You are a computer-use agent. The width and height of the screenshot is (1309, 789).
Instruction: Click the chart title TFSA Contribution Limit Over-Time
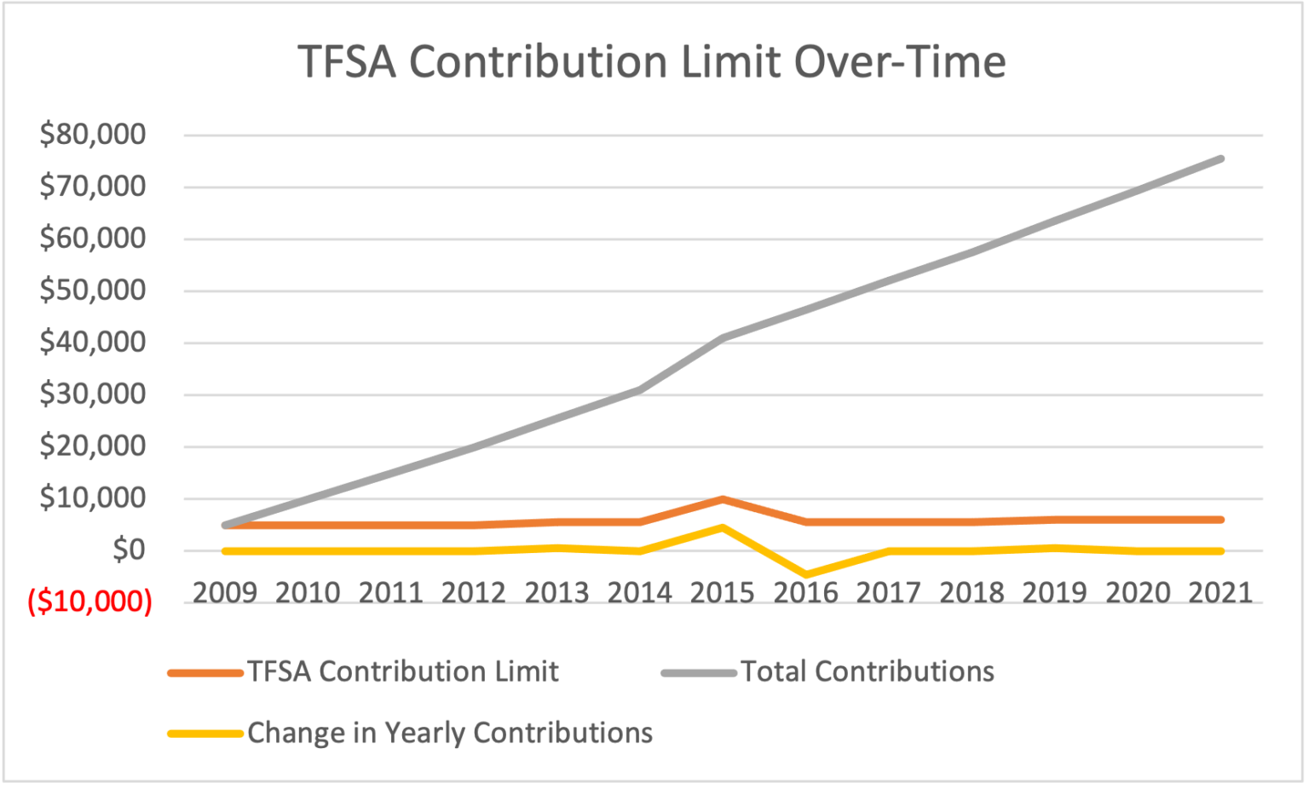[x=652, y=62]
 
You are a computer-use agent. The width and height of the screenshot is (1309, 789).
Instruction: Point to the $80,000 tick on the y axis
[x=93, y=135]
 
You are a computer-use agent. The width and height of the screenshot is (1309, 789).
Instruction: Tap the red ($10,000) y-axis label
[x=90, y=602]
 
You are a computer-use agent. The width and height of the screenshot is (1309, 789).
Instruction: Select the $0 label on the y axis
[x=129, y=550]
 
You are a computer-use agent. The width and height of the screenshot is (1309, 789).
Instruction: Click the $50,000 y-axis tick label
[x=93, y=291]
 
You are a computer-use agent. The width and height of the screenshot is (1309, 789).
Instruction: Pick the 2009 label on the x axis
[x=225, y=592]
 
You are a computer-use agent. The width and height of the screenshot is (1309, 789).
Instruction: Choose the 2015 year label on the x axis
[x=722, y=592]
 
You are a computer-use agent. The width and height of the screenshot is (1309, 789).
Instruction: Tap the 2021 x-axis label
[x=1220, y=592]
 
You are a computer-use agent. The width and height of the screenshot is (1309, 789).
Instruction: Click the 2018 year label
[x=972, y=592]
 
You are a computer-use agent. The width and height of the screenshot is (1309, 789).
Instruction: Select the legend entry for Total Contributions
[x=867, y=671]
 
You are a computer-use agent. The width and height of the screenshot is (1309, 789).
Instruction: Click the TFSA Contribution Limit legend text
[x=403, y=671]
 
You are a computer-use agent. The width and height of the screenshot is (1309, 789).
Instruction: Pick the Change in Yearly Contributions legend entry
[x=450, y=733]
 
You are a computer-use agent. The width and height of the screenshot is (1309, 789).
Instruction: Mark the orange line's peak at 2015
[x=723, y=499]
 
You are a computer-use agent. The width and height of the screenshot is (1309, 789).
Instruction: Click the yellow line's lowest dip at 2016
[x=805, y=575]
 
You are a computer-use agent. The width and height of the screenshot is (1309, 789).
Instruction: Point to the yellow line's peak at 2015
[x=723, y=527]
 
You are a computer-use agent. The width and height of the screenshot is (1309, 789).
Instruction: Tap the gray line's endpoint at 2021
[x=1220, y=159]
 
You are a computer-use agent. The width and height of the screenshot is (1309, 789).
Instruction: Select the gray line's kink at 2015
[x=723, y=338]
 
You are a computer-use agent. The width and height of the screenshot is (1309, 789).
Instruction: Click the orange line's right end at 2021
[x=1220, y=520]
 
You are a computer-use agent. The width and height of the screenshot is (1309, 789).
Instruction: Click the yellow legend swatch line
[x=205, y=734]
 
